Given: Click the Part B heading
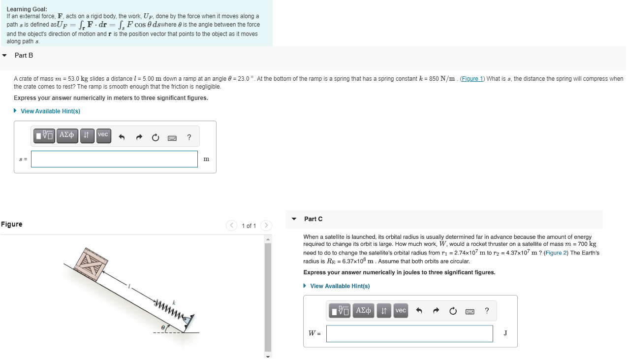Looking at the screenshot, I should click(x=24, y=55).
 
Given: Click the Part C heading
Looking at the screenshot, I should click(x=313, y=219).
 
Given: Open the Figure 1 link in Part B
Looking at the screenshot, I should click(x=472, y=79).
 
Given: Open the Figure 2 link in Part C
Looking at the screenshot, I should click(x=555, y=253).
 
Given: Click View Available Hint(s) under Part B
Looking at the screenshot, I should click(x=50, y=111).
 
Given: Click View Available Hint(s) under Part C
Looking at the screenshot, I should click(x=340, y=286).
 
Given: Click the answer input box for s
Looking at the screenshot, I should click(x=114, y=159).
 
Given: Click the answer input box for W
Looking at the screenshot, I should click(x=409, y=333).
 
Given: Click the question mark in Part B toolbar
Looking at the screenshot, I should click(x=189, y=137).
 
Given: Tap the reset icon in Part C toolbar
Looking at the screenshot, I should click(x=453, y=311).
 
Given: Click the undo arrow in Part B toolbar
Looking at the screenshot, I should click(x=122, y=137).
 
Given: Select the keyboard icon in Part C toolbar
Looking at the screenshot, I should click(x=470, y=311).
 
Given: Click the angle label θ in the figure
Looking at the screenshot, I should click(x=162, y=326).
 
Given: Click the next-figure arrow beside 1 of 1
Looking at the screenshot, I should click(x=266, y=226).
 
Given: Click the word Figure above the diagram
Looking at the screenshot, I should click(x=11, y=224).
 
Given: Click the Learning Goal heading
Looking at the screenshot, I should click(x=27, y=9).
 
